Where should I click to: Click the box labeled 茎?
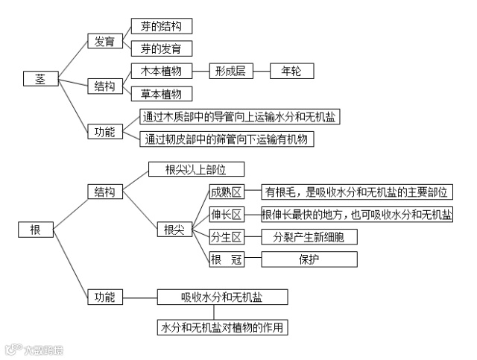pyautogui.click(x=40, y=78)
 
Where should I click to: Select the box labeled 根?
pyautogui.click(x=36, y=230)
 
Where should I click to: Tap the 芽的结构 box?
pyautogui.click(x=161, y=26)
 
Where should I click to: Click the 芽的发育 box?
pyautogui.click(x=161, y=48)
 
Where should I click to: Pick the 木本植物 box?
pyautogui.click(x=161, y=71)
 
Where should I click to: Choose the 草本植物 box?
pyautogui.click(x=161, y=94)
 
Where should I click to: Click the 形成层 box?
pyautogui.click(x=231, y=71)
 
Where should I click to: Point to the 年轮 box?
pyautogui.click(x=291, y=71)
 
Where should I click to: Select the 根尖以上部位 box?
pyautogui.click(x=195, y=170)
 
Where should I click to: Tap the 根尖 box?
pyautogui.click(x=174, y=230)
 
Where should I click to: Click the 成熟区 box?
pyautogui.click(x=227, y=192)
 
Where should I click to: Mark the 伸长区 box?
pyautogui.click(x=227, y=215)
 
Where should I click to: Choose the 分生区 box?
pyautogui.click(x=227, y=237)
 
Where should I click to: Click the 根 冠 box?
pyautogui.click(x=227, y=259)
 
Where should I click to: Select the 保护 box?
pyautogui.click(x=309, y=259)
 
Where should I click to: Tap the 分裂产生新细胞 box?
pyautogui.click(x=309, y=237)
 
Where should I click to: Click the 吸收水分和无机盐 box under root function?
pyautogui.click(x=223, y=297)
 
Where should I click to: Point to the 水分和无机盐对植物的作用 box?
pyautogui.click(x=223, y=327)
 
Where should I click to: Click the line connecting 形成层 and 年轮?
pyautogui.click(x=262, y=71)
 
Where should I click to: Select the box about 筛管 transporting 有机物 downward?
pyautogui.click(x=226, y=139)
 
